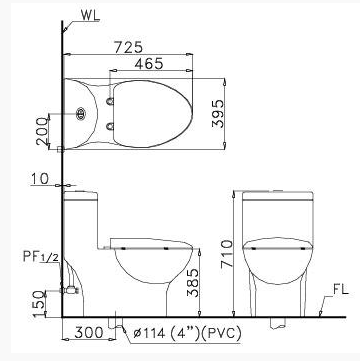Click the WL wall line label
click(90, 16)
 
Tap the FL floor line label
click(340, 290)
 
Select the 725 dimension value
click(128, 47)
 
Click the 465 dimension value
click(149, 64)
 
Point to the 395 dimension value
click(219, 113)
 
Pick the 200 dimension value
click(43, 131)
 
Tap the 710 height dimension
click(227, 255)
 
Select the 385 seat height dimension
click(193, 283)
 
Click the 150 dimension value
click(39, 303)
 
